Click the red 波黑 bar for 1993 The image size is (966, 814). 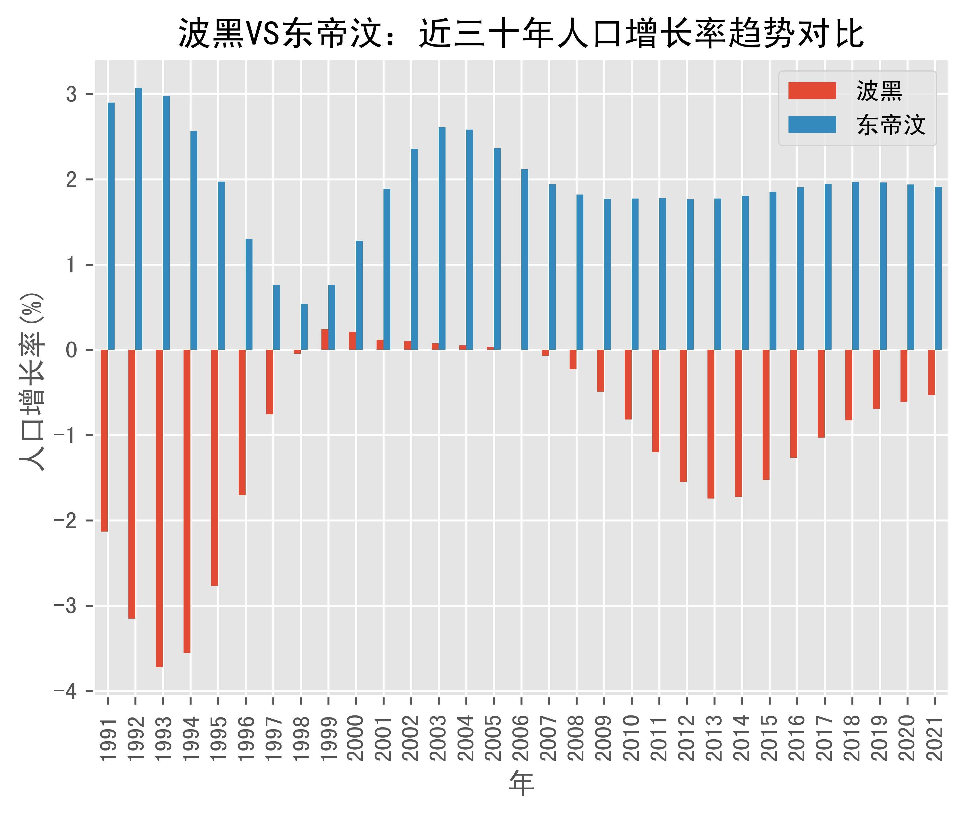(x=159, y=508)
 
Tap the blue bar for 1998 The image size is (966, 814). (x=304, y=327)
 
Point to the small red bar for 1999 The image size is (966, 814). (x=325, y=340)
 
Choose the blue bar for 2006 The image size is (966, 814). (x=525, y=259)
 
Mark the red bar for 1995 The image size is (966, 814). (x=215, y=468)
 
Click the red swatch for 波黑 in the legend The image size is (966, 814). (x=812, y=91)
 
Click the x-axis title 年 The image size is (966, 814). (x=521, y=784)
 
